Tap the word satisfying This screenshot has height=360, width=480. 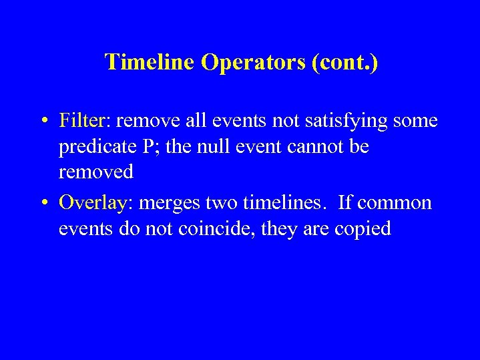coord(348,122)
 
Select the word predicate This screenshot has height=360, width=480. coord(102,147)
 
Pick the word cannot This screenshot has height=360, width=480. coord(316,146)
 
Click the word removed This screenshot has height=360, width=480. coord(96,172)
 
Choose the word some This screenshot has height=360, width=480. coord(416,122)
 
